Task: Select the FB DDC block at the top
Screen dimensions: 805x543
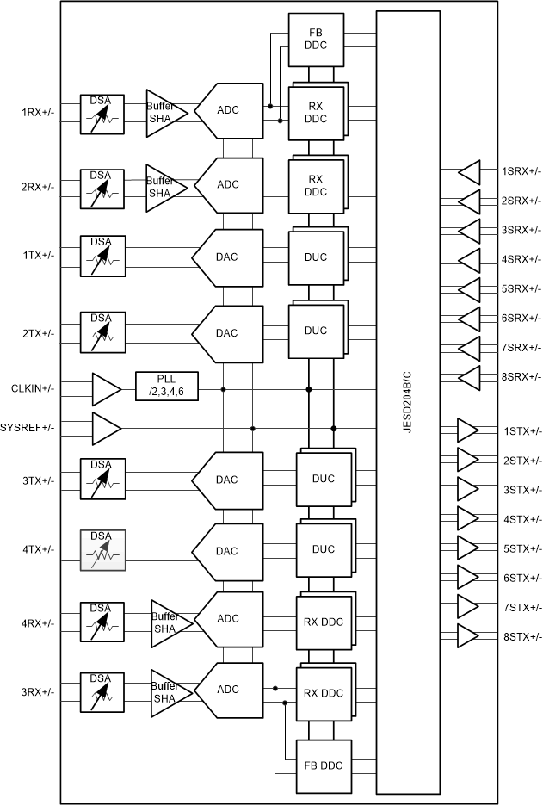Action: (315, 40)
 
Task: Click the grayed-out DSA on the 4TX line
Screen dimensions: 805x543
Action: (102, 550)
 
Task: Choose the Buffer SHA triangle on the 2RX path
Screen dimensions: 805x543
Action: (164, 186)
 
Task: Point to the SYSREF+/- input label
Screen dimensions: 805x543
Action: (28, 428)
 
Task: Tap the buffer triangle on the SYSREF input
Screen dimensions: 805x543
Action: (105, 428)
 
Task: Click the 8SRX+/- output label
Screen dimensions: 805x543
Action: (521, 377)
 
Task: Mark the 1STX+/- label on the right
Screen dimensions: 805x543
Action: (521, 430)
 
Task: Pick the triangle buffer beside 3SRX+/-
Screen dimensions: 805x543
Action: (469, 231)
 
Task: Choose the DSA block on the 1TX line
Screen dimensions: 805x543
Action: (102, 257)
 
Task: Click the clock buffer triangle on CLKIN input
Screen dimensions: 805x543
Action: (105, 389)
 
